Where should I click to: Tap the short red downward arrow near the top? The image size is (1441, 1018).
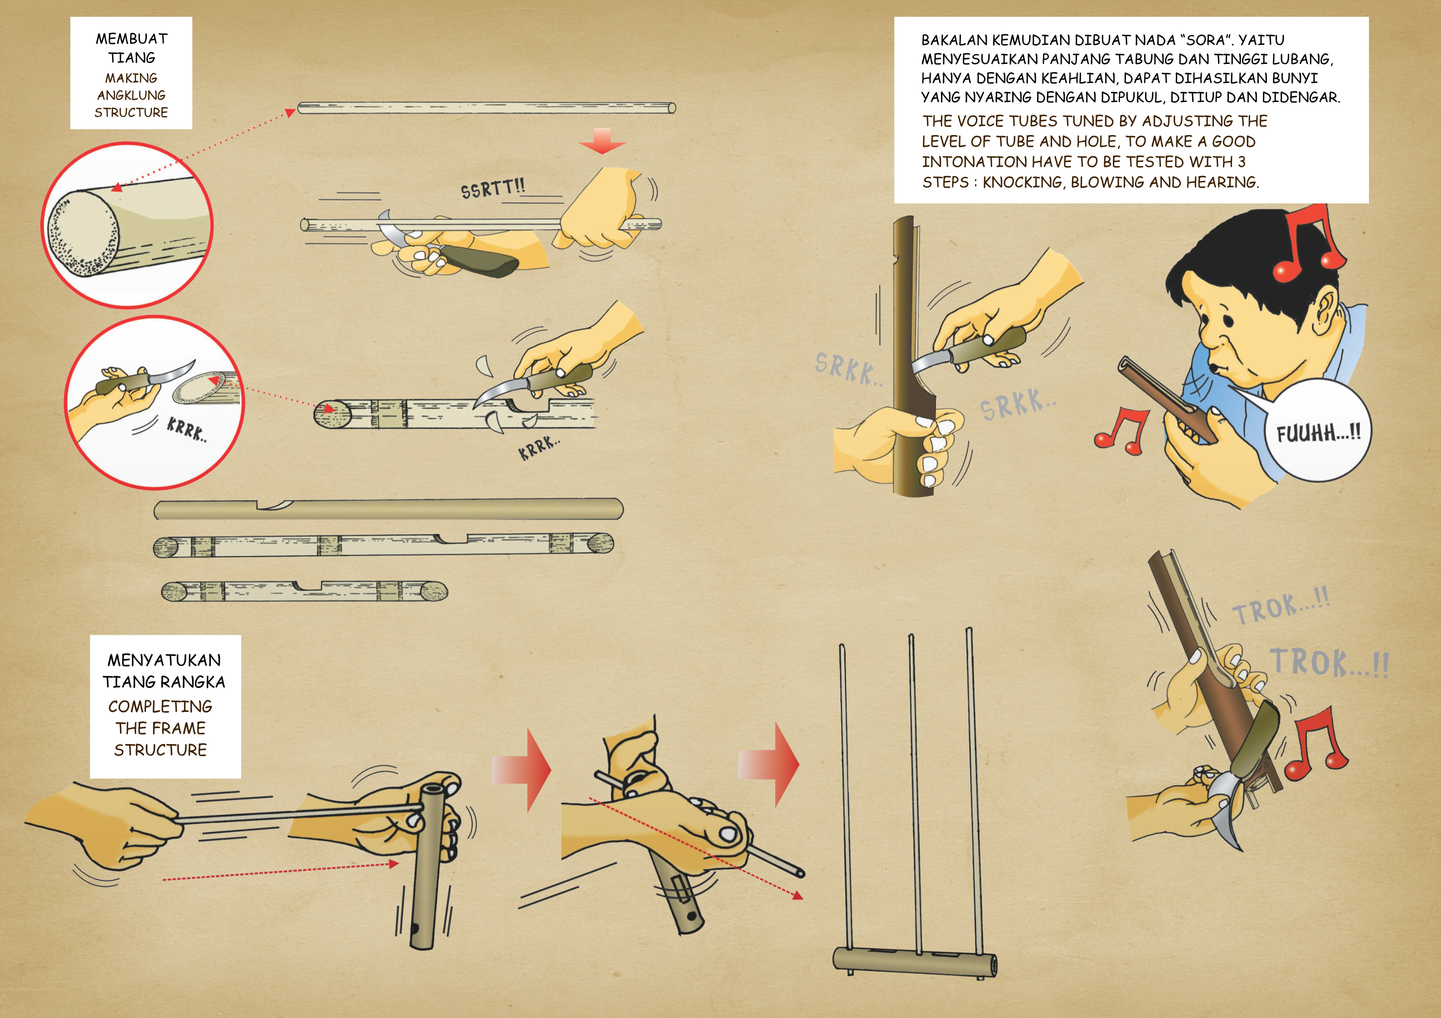pos(602,141)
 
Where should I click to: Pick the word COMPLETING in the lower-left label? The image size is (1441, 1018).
pos(160,706)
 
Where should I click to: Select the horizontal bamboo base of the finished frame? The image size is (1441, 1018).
pos(914,961)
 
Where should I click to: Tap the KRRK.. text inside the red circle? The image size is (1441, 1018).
pos(186,430)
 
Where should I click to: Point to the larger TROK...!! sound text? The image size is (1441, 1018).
pos(1329,662)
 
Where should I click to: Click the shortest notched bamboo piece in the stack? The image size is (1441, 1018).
pos(305,591)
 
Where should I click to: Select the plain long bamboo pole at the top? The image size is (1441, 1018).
pos(486,108)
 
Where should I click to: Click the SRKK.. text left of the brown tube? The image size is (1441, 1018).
pos(848,369)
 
